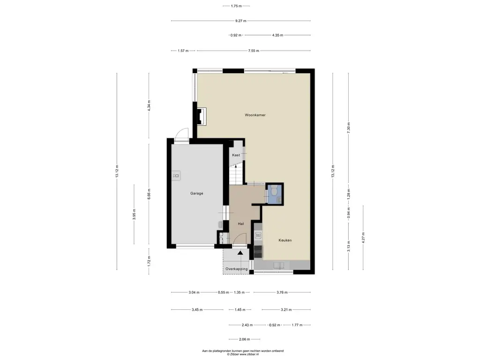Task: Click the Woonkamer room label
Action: [255, 115]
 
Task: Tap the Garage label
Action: [196, 194]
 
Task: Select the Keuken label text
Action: [285, 240]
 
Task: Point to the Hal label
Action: [241, 224]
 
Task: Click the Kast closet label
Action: [236, 155]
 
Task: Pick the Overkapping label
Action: [237, 269]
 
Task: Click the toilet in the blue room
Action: [274, 190]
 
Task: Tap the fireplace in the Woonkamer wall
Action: [201, 117]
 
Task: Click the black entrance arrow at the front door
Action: [240, 253]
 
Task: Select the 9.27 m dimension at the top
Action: [240, 21]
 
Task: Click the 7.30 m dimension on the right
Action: [348, 127]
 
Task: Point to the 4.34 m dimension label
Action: [149, 105]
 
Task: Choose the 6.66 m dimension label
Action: [149, 194]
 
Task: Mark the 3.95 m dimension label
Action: [134, 214]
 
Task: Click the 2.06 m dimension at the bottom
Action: [244, 339]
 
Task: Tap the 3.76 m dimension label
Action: [282, 292]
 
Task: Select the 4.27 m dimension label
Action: [363, 238]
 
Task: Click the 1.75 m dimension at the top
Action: [236, 6]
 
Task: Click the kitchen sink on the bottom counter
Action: [279, 265]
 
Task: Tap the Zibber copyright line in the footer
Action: [243, 354]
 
